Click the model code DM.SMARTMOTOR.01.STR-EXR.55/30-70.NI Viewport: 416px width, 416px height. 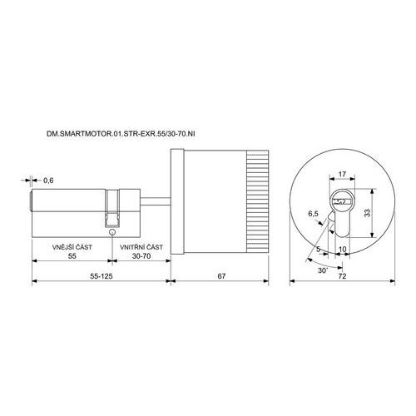(121, 134)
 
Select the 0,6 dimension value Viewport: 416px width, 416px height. (48, 181)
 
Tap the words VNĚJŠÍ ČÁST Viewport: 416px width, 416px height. (72, 247)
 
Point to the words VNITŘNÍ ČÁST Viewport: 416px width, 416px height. (141, 247)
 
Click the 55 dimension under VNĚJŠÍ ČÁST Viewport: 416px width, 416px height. (72, 256)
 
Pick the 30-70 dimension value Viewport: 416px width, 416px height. (141, 256)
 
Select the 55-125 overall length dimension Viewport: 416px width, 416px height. (102, 276)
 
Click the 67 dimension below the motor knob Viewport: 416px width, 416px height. (221, 276)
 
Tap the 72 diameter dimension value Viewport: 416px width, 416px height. (343, 276)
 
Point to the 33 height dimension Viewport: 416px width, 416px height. (367, 213)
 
